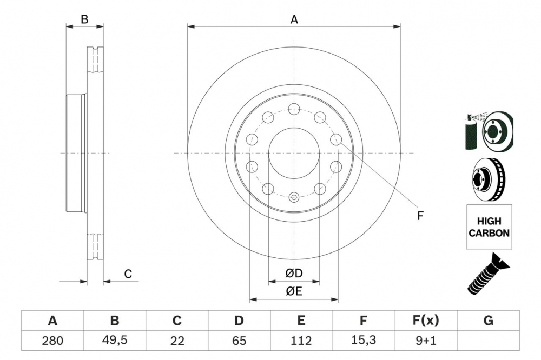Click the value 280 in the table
coord(52,341)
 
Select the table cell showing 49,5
coord(115,341)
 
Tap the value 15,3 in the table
coord(364,341)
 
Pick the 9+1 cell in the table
coord(426,341)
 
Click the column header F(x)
coord(426,321)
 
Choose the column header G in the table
coord(488,321)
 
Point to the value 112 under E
coord(301,341)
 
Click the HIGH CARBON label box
coord(489,228)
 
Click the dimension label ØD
coord(294,274)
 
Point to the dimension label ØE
coord(294,291)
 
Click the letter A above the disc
coord(294,19)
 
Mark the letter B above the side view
coord(84,19)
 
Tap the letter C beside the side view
coord(128,274)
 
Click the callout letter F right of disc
coord(420,216)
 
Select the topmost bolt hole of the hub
coord(294,108)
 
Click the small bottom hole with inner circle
coord(294,197)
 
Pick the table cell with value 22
coord(177,341)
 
